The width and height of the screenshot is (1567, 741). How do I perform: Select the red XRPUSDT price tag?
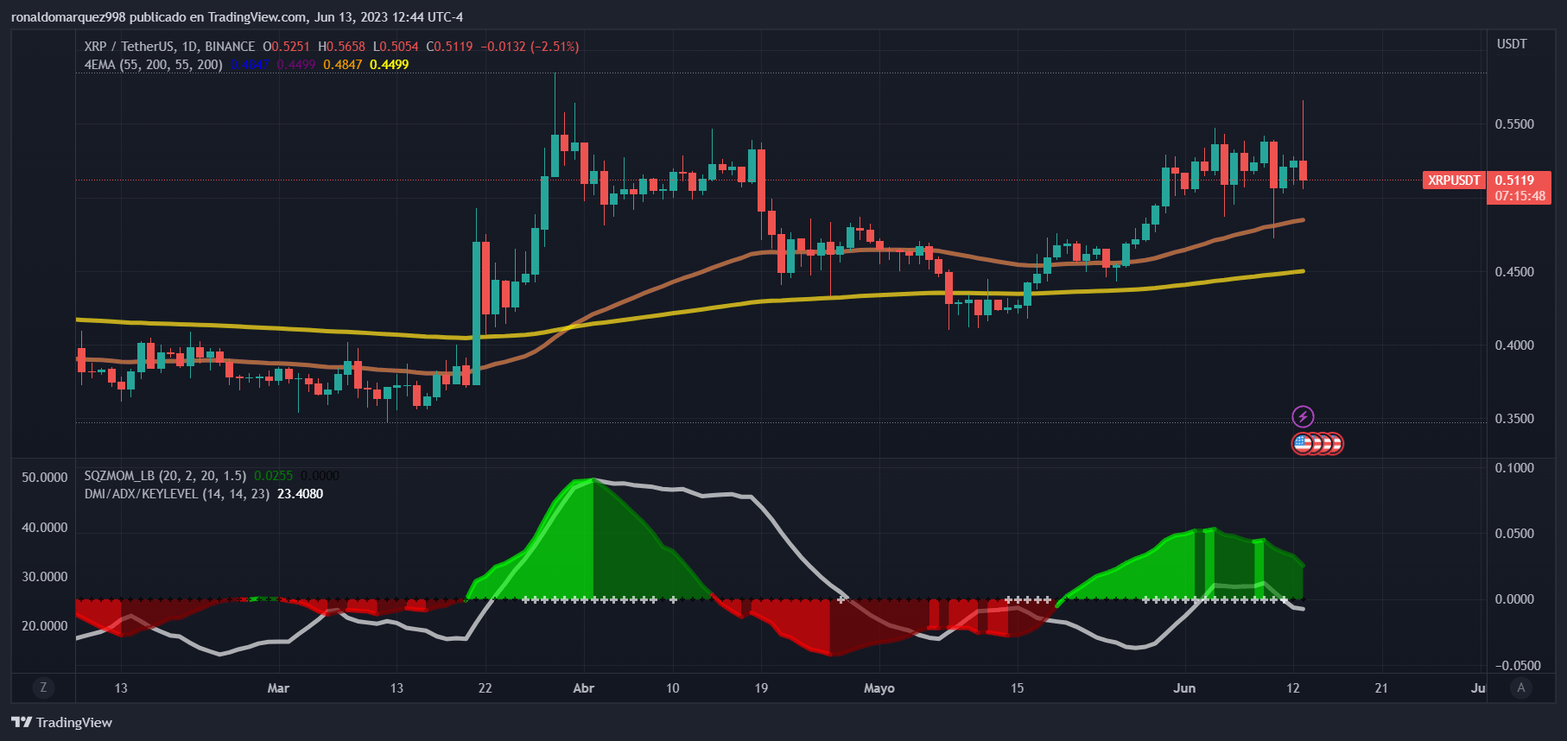pos(1454,180)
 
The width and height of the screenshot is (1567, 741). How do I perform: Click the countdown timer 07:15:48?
pos(1520,196)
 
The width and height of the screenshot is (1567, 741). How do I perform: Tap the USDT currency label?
pos(1512,44)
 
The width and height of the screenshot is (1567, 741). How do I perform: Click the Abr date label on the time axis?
pos(584,688)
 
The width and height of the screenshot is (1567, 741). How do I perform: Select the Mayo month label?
pos(879,688)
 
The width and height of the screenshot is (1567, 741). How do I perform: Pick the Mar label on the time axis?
pos(278,688)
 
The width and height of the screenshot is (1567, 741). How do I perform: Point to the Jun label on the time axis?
pos(1184,688)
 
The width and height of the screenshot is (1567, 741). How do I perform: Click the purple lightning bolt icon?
pos(1303,417)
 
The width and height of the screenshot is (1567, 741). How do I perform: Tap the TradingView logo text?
pos(73,723)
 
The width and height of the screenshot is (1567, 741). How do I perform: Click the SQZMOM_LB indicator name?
pos(119,476)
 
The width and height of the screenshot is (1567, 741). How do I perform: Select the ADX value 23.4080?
pos(300,494)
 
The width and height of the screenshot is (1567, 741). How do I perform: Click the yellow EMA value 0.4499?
pos(389,65)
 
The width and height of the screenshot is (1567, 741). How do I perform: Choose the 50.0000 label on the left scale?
pos(44,478)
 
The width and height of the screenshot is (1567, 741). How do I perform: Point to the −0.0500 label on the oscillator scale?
pos(1518,666)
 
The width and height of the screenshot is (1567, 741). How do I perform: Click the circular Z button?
pos(43,687)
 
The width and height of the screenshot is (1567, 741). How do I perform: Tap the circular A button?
pos(1521,687)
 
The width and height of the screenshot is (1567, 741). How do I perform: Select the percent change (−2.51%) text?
pos(555,47)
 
